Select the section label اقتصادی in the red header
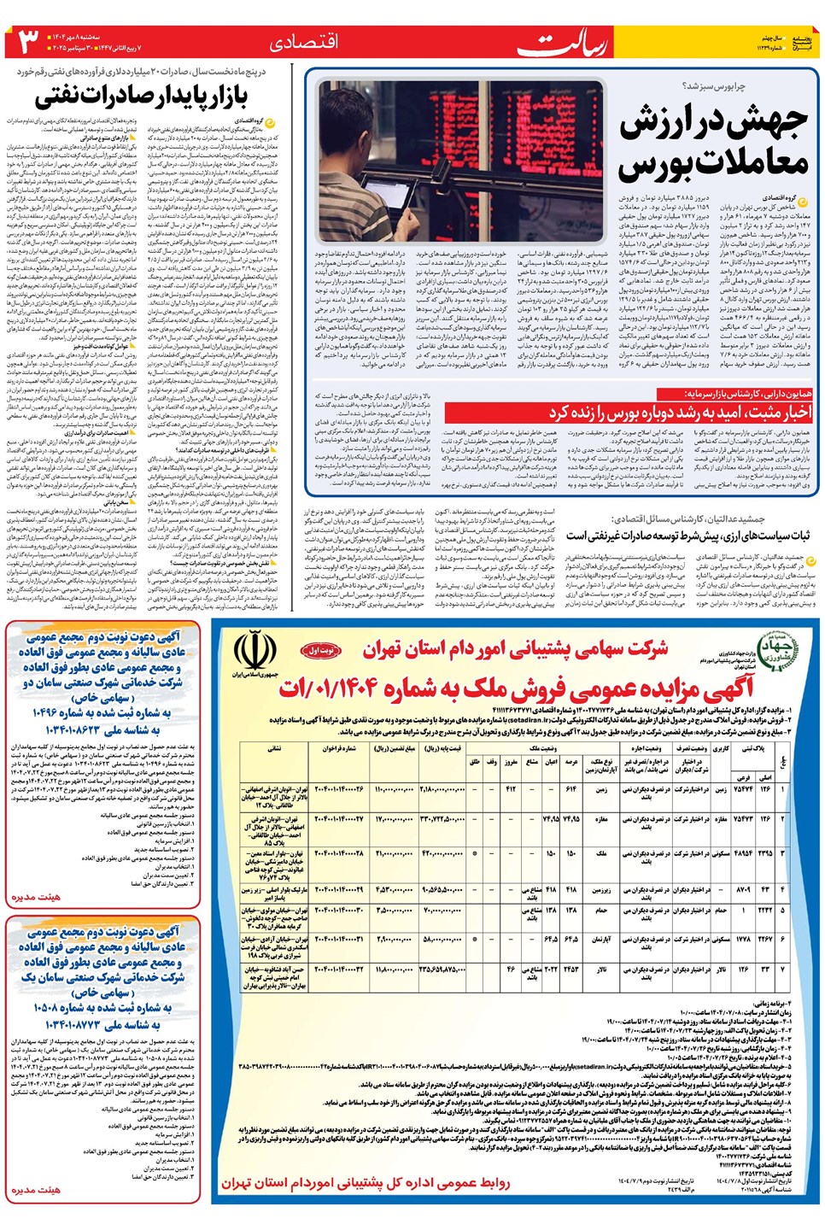point(303,42)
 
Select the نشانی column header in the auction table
point(274,748)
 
